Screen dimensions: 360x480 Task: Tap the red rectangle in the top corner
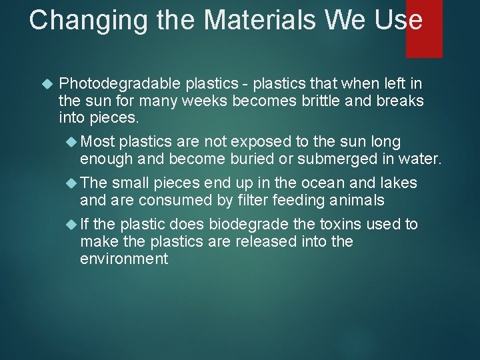point(424,29)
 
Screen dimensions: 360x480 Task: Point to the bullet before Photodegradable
point(46,84)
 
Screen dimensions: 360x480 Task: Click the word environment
point(124,259)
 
